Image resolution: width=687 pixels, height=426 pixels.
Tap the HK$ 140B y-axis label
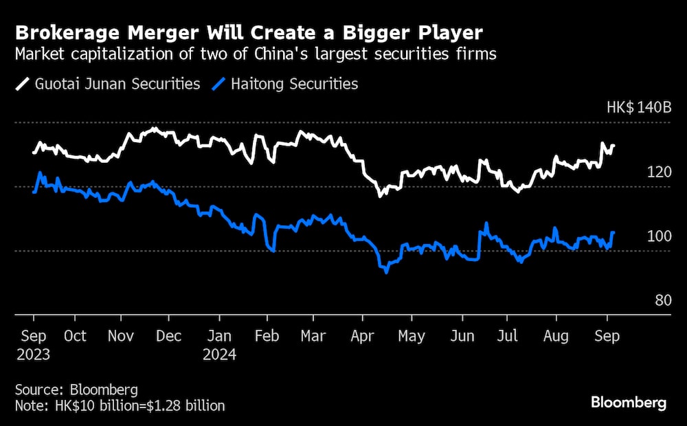click(638, 108)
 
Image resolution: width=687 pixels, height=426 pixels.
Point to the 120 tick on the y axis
click(660, 172)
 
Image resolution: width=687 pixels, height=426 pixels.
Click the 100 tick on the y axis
click(660, 236)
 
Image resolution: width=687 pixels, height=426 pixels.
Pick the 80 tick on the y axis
click(662, 300)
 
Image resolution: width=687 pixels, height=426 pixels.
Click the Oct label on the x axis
click(74, 336)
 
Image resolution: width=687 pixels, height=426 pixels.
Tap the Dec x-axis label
click(168, 336)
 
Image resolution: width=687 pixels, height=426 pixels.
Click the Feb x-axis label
click(266, 336)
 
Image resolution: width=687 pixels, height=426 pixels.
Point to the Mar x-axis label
click(313, 336)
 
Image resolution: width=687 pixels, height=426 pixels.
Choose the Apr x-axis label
click(362, 336)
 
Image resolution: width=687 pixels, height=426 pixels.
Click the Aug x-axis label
click(556, 336)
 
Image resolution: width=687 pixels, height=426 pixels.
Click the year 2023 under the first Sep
click(34, 355)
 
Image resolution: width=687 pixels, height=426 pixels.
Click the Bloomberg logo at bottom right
click(629, 403)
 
